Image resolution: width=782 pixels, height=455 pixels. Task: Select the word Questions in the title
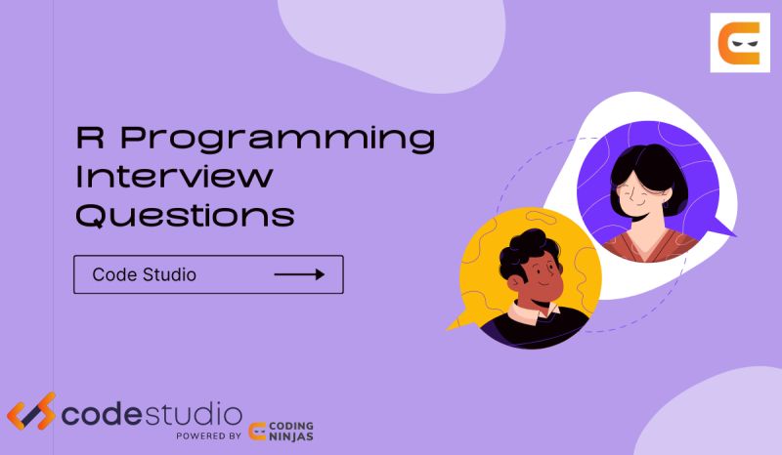[x=185, y=216]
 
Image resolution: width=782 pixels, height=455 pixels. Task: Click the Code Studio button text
[x=144, y=274]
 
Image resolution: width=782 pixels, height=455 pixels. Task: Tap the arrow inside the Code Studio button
[x=298, y=274]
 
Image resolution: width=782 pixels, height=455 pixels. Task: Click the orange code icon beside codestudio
[x=30, y=413]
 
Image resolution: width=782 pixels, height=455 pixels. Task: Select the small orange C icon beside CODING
[x=260, y=433]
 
